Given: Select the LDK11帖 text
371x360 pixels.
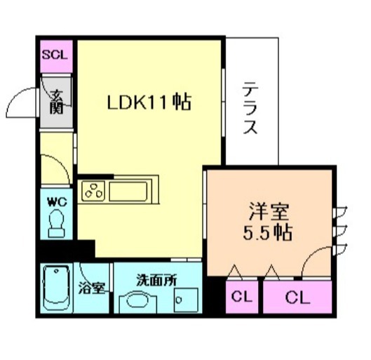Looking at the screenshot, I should click(x=149, y=102).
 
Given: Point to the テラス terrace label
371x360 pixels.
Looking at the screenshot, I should click(x=251, y=109).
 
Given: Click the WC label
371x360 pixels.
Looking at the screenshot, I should click(x=55, y=201).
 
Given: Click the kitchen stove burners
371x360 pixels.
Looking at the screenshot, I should click(x=94, y=189).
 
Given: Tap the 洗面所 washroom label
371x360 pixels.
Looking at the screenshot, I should click(x=156, y=278).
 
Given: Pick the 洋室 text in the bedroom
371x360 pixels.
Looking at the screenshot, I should click(x=267, y=211).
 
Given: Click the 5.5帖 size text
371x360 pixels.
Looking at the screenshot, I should click(x=267, y=232).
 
